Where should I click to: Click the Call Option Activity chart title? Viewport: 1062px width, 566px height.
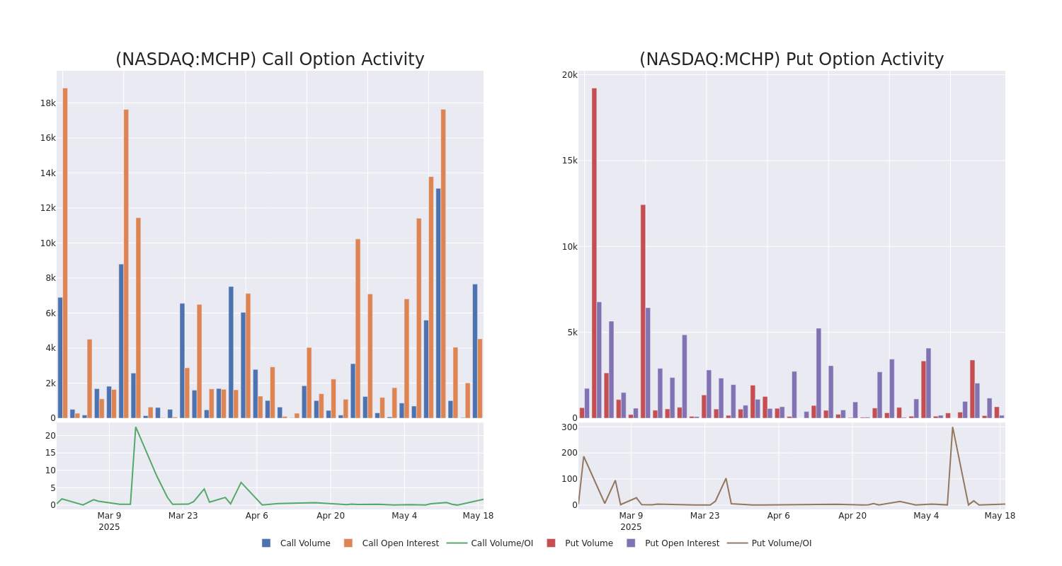(x=270, y=59)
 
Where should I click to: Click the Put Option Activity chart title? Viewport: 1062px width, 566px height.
(x=792, y=59)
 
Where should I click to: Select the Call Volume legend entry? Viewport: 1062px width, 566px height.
(x=296, y=543)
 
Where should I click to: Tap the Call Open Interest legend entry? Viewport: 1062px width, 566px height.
(x=392, y=543)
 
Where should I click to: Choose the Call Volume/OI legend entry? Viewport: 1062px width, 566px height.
(x=490, y=543)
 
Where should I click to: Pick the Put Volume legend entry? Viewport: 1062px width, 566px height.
(x=580, y=543)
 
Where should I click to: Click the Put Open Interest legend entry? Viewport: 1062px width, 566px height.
(x=673, y=543)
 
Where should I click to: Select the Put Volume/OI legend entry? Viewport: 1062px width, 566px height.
(x=770, y=543)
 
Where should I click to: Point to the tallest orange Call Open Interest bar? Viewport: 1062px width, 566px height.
(x=65, y=253)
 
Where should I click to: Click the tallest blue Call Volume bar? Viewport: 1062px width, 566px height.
(x=438, y=303)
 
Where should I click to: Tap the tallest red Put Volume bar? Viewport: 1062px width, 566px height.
(x=594, y=253)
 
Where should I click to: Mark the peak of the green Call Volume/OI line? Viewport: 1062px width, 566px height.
(x=136, y=427)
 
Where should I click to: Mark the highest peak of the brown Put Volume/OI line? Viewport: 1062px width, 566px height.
(x=952, y=427)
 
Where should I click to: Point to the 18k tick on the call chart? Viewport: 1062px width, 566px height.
(x=48, y=103)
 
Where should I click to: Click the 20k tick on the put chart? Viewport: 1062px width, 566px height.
(x=570, y=75)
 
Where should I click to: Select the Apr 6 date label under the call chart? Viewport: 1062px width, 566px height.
(x=257, y=515)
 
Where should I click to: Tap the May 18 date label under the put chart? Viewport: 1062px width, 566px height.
(x=1000, y=515)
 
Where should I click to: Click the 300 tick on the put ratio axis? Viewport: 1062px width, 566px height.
(x=570, y=427)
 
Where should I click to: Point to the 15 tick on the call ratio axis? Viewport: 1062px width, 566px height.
(x=50, y=453)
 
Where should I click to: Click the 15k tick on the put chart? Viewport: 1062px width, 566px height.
(x=570, y=161)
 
